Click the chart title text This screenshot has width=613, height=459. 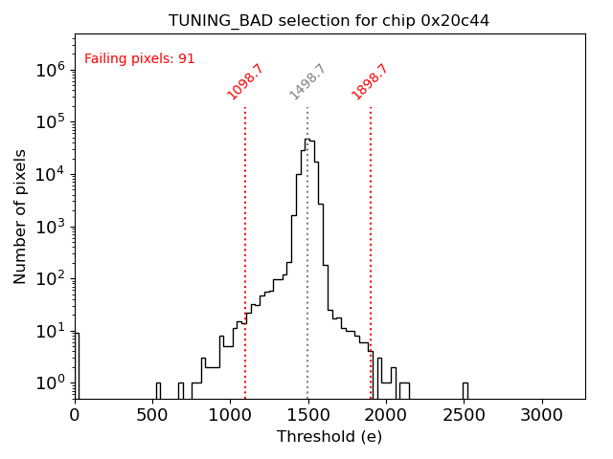click(329, 20)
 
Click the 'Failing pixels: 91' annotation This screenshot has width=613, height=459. click(140, 59)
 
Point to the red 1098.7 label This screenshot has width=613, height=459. click(245, 82)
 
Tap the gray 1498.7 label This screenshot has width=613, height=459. click(307, 82)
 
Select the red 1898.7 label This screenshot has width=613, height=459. click(370, 82)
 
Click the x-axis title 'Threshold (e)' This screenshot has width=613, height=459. click(329, 437)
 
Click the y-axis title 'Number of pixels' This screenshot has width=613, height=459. click(21, 216)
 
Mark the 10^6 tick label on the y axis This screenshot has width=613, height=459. click(51, 70)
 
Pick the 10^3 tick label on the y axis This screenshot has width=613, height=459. click(51, 227)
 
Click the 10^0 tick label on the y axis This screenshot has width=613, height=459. click(51, 383)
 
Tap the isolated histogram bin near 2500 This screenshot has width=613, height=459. click(465, 390)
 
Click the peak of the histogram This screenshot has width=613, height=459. click(307, 141)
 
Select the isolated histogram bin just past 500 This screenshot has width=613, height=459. click(158, 390)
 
